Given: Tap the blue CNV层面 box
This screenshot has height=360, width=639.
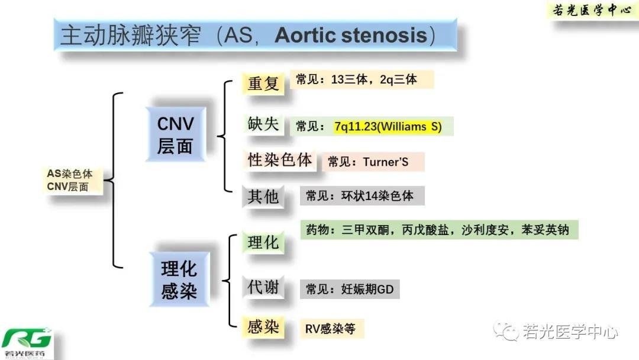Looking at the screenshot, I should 175,134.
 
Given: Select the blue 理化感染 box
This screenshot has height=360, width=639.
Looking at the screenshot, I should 178,279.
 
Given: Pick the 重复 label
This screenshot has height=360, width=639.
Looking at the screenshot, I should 263,83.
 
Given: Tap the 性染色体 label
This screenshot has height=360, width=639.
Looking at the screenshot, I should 280,160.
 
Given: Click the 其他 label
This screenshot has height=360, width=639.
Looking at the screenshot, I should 263,196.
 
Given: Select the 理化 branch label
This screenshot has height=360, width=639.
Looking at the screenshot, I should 263,242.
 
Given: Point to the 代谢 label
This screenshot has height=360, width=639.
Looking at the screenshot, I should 263,288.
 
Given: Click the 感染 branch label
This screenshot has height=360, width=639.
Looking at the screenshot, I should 263,327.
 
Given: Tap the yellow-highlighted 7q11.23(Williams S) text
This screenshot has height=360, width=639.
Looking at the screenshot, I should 388,127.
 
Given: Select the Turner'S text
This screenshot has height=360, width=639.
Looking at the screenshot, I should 386,162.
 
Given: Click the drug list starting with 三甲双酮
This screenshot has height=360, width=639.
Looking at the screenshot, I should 455,229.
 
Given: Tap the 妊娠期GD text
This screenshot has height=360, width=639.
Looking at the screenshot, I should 367,290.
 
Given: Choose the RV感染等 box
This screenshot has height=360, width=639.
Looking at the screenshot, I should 330,329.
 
